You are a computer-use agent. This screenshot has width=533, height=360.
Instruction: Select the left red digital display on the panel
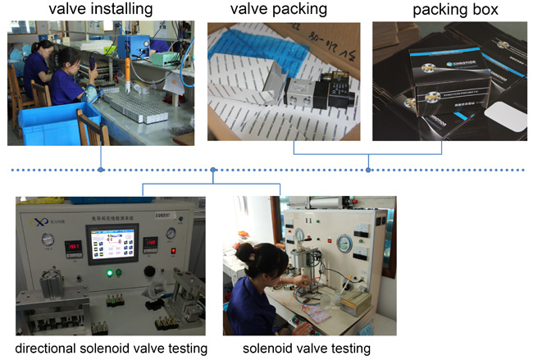click(x=75, y=244)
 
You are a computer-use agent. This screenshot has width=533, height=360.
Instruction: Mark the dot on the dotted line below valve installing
click(x=101, y=170)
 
